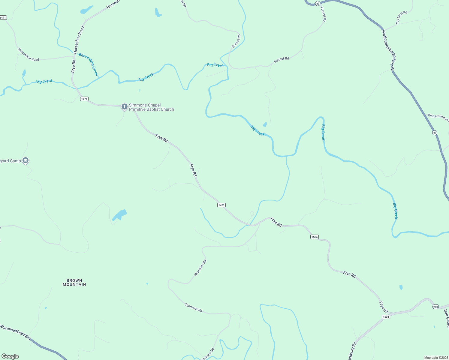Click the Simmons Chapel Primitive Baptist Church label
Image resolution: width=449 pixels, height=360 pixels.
point(151,107)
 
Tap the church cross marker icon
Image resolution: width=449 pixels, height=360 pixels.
point(125,106)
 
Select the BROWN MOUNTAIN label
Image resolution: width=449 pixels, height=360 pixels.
point(74,282)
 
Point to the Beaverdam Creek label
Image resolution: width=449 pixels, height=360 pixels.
point(89,64)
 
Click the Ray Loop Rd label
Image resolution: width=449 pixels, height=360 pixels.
point(401,18)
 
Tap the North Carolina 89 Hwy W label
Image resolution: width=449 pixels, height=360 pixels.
point(388,50)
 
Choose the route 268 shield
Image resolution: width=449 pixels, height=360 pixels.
point(435,307)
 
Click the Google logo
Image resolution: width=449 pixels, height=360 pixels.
point(10,356)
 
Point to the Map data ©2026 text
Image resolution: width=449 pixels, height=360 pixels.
point(436,358)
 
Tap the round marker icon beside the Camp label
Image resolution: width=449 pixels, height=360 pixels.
point(26,161)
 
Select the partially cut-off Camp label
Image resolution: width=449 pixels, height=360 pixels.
point(11,161)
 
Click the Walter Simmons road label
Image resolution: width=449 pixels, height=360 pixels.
point(438,117)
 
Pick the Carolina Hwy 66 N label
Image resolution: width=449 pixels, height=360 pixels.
point(16,331)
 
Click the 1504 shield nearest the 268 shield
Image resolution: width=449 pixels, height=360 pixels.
point(386,317)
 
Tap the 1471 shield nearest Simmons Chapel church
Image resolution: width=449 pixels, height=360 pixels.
point(84,99)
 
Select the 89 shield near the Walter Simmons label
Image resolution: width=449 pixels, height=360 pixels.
point(435,133)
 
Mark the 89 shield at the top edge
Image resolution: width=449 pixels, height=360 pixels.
point(318,3)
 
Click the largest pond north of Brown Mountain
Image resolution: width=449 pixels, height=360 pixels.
point(120,215)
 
